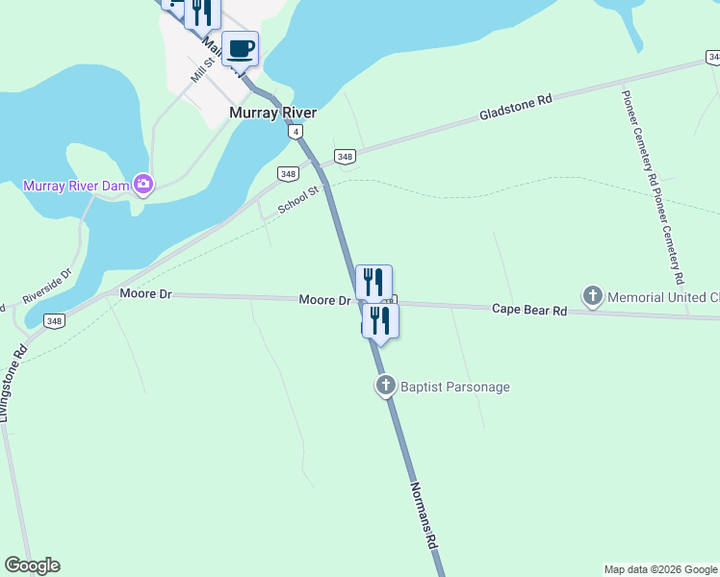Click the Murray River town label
point(272,113)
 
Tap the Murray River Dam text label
point(77,186)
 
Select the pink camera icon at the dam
point(143,183)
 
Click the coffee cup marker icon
point(241,47)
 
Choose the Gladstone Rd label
point(517,108)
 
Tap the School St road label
point(297,200)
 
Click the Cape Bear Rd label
point(528,310)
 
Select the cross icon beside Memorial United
point(593,296)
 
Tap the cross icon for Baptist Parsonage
point(385,387)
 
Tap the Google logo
point(32,565)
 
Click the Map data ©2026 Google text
point(660,569)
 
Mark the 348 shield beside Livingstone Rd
point(53,321)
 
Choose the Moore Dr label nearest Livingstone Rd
point(145,293)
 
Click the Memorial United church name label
point(664,297)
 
